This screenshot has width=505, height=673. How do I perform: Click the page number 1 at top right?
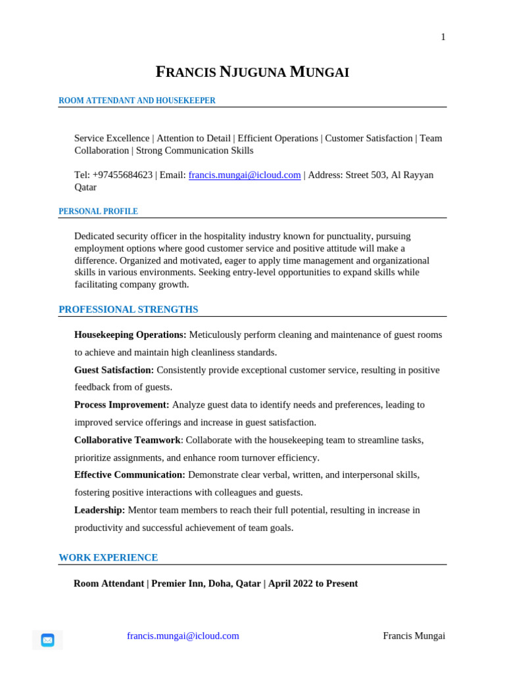[443, 37]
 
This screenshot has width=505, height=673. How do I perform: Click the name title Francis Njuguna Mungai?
[252, 72]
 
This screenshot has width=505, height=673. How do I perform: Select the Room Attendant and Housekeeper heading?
[137, 101]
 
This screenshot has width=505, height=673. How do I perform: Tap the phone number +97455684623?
[122, 175]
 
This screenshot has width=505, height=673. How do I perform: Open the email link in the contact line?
[245, 175]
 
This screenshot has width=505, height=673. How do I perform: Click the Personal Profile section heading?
[98, 212]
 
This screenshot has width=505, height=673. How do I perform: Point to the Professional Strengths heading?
[128, 310]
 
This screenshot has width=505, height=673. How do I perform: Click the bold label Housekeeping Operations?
[130, 335]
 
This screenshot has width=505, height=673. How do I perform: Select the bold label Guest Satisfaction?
[114, 370]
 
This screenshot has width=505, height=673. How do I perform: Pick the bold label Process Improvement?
[122, 405]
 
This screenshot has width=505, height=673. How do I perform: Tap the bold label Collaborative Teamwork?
[127, 440]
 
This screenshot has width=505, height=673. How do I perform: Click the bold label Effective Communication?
[130, 475]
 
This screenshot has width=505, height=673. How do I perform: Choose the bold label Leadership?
[99, 510]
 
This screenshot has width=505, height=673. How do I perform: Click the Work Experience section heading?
[108, 557]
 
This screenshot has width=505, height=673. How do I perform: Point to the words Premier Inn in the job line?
[177, 584]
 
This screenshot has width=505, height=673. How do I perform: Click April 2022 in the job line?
[290, 584]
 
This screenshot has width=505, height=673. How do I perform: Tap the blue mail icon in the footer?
[47, 639]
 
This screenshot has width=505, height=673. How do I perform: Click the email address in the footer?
[183, 636]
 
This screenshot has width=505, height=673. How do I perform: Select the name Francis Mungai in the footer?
[414, 636]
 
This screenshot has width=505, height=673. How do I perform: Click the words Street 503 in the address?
[365, 175]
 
